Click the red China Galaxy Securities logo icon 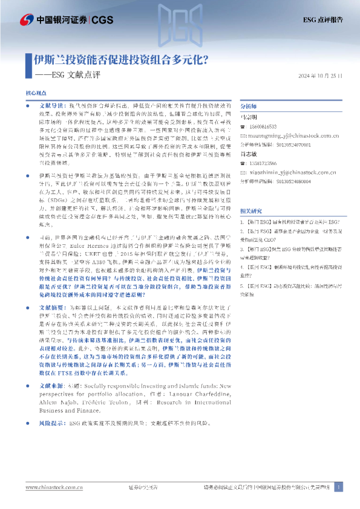[x=27, y=19]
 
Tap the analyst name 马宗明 [x=249, y=117]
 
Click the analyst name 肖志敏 [x=249, y=154]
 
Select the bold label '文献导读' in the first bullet [x=47, y=105]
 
